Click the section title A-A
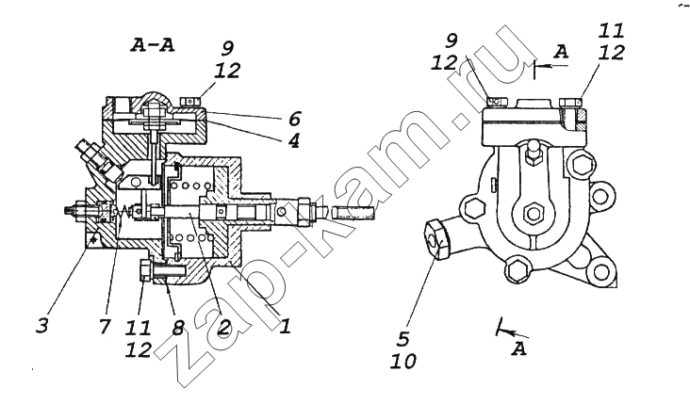click(153, 45)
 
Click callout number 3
click(42, 326)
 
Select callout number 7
click(104, 326)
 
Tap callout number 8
click(178, 327)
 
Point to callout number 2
click(224, 327)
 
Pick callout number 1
click(286, 326)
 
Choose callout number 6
click(294, 119)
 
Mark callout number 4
click(293, 140)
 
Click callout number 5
click(403, 339)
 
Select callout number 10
click(403, 362)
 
